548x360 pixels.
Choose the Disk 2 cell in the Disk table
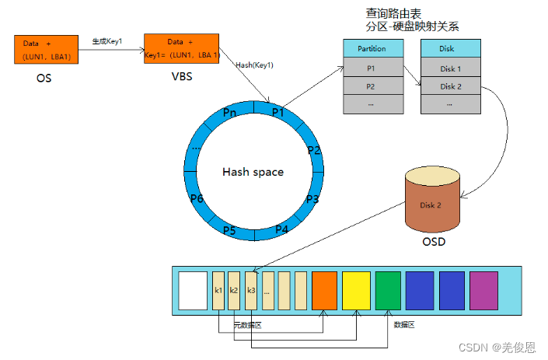point(450,86)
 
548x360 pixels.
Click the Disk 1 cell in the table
point(450,68)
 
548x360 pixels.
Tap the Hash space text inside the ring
point(253,172)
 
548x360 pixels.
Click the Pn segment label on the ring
point(229,114)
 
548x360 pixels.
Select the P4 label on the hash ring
point(281,229)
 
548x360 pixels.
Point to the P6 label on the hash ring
point(197,199)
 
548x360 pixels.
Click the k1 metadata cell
point(218,290)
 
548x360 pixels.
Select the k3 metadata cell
point(251,290)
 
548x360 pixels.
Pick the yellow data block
point(356,290)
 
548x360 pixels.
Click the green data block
point(388,290)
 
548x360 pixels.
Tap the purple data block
point(483,290)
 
